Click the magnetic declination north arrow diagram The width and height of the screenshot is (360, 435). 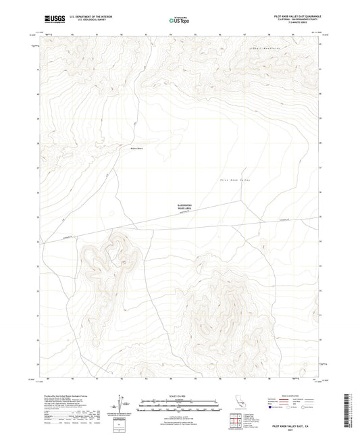[x=123, y=403]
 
